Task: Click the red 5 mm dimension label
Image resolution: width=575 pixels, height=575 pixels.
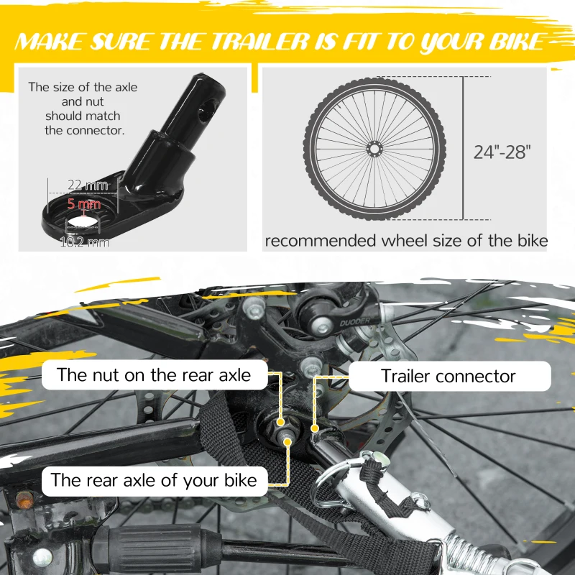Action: tap(84, 203)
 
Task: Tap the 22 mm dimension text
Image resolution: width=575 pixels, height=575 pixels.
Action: tap(88, 185)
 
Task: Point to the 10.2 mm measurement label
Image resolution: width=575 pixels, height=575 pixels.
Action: tap(85, 242)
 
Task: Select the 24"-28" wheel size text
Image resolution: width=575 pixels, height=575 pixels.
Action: tap(502, 152)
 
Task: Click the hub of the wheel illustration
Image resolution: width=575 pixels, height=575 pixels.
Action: tap(374, 149)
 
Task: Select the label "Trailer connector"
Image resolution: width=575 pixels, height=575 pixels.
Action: tap(448, 376)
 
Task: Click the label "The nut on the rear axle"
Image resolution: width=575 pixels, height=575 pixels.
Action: tap(154, 374)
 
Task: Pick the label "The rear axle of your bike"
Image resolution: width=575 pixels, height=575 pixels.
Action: tap(154, 480)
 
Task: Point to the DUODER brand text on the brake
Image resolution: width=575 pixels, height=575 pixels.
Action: tap(354, 322)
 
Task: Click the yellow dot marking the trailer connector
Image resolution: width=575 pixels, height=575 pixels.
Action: tap(314, 428)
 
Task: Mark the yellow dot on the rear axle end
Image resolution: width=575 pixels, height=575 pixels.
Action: tap(287, 442)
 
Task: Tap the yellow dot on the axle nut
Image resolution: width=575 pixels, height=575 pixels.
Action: tap(280, 422)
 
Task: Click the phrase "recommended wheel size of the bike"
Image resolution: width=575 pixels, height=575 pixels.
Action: tap(406, 241)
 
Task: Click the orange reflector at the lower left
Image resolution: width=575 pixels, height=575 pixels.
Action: tap(24, 500)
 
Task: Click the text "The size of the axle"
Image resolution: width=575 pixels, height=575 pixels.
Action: tap(83, 87)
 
